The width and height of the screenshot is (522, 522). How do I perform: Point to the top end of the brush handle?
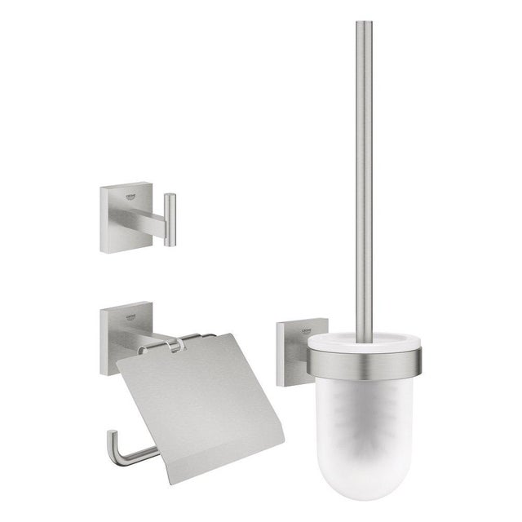pyautogui.click(x=364, y=24)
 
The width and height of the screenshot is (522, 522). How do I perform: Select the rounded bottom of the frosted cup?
pyautogui.click(x=376, y=473)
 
